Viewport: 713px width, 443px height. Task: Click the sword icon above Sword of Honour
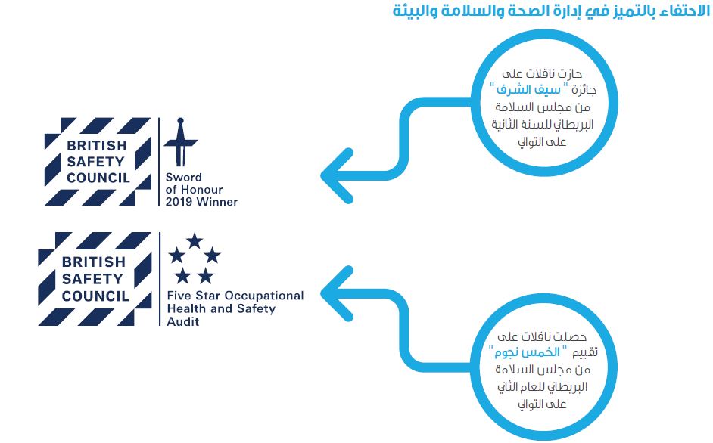click(181, 142)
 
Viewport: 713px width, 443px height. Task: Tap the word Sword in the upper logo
click(184, 177)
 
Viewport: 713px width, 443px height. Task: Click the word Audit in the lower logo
click(183, 322)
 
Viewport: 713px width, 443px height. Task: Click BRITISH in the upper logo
click(96, 145)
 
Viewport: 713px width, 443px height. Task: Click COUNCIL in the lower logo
click(95, 296)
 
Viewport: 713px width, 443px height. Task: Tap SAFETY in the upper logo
click(95, 162)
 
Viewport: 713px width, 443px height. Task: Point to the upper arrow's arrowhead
click(338, 176)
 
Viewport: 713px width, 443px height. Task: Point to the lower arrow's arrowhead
click(338, 293)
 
